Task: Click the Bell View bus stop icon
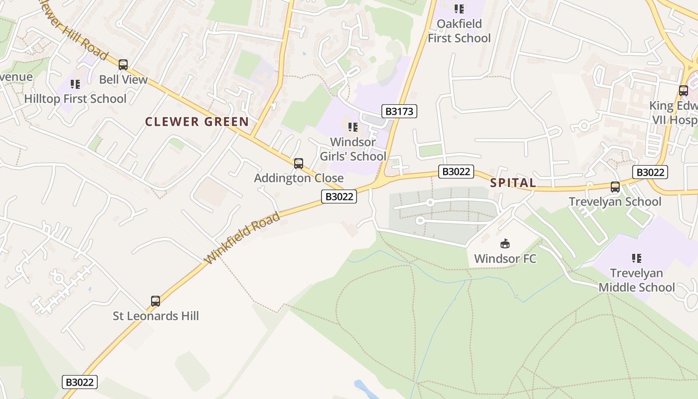point(123,65)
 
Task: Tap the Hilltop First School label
point(75,99)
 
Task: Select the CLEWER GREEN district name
point(197,122)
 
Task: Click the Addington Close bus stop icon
point(299,163)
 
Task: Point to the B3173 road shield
point(399,111)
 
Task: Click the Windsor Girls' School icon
point(353,127)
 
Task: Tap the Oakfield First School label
point(459,31)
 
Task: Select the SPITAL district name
point(513,183)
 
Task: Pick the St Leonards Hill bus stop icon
point(156,301)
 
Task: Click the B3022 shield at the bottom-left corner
point(80,383)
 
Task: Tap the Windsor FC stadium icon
point(505,244)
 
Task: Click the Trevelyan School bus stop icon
point(615,187)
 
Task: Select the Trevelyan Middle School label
point(637,280)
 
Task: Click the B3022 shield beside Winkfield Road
point(340,197)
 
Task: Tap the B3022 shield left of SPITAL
point(456,172)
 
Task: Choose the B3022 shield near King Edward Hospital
point(650,172)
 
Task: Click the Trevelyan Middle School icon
point(637,258)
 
